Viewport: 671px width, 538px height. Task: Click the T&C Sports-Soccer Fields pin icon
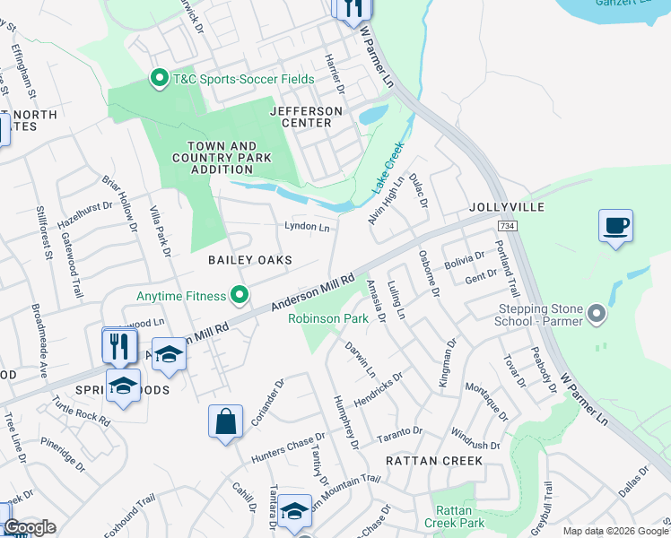click(160, 79)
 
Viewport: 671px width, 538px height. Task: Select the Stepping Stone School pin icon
click(593, 315)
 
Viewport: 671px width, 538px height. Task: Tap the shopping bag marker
click(225, 421)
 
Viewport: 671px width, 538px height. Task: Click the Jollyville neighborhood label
click(507, 207)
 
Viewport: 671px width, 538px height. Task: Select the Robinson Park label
click(328, 318)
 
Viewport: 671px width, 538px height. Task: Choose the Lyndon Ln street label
click(307, 228)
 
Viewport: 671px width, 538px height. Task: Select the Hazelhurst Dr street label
click(87, 221)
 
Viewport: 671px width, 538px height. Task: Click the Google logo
click(30, 527)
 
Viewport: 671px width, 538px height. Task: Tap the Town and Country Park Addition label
click(222, 158)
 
